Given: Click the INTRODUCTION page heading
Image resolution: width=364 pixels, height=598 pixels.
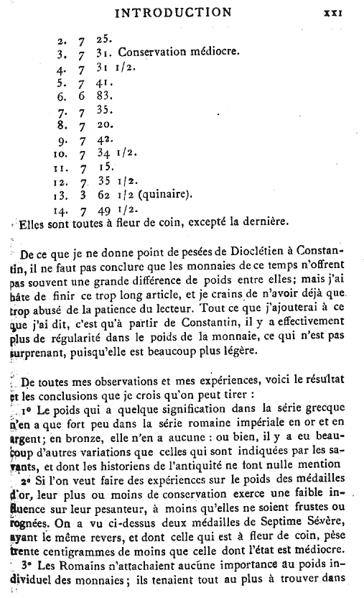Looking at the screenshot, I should [173, 12].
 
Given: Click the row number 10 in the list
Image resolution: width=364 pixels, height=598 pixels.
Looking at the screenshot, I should [62, 153].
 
